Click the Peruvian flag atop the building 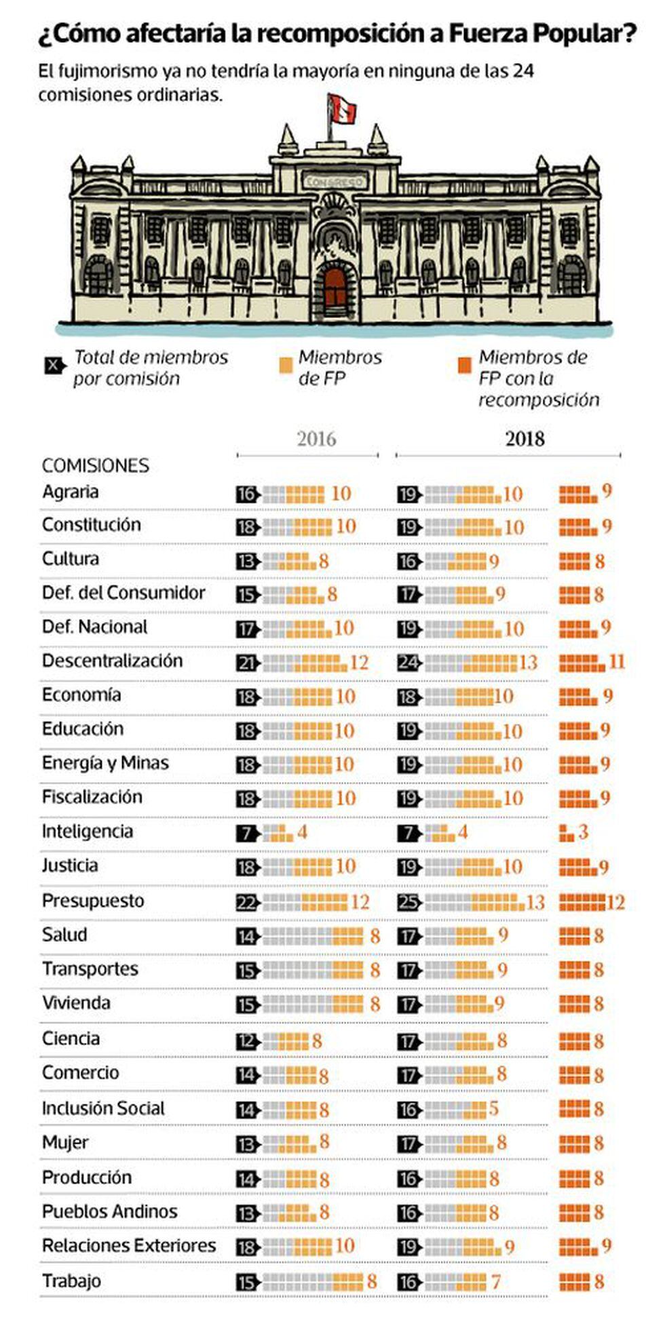click(x=342, y=109)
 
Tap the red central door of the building click(x=335, y=290)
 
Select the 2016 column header click(x=316, y=439)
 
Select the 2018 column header click(x=525, y=439)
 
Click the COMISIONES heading click(x=96, y=465)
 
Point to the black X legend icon click(x=54, y=366)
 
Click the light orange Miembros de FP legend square click(x=286, y=364)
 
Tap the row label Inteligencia click(x=88, y=832)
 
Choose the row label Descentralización click(x=112, y=661)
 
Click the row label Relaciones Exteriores click(x=129, y=1246)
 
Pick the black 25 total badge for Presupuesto click(x=409, y=903)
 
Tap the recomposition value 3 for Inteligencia click(x=583, y=832)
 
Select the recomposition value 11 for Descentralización click(x=617, y=661)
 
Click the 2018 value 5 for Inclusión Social click(x=494, y=1109)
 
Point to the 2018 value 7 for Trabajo click(x=496, y=1282)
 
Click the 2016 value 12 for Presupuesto click(x=360, y=902)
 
